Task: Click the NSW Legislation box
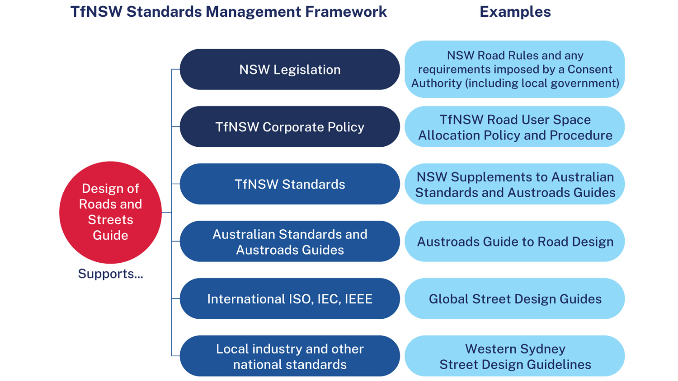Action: [x=290, y=70]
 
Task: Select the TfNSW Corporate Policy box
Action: [x=290, y=127]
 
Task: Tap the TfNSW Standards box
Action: [x=290, y=184]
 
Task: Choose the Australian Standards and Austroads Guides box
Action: [x=290, y=242]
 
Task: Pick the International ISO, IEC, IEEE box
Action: [x=290, y=299]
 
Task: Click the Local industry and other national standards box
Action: [x=290, y=356]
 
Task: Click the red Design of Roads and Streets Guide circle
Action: [x=110, y=212]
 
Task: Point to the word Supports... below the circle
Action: [x=110, y=274]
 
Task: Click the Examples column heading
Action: [x=515, y=12]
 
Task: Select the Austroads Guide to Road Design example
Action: [x=515, y=242]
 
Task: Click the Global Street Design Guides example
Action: [x=515, y=299]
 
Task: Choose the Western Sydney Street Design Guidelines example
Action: [x=515, y=356]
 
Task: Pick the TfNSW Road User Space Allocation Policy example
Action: [x=515, y=127]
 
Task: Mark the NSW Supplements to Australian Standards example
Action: [x=515, y=184]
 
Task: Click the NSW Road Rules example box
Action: [x=515, y=70]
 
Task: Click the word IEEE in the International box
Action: [x=358, y=299]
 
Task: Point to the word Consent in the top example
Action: [x=590, y=69]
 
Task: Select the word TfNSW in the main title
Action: [x=96, y=12]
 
